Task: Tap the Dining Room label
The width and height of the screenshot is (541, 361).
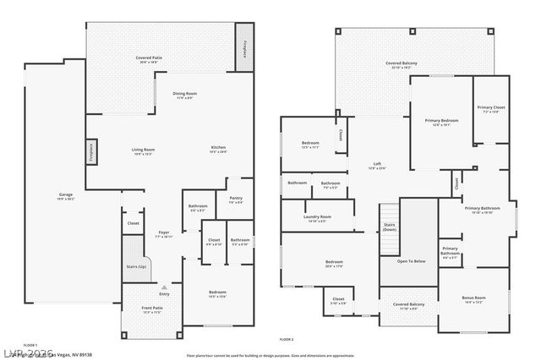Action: point(185,95)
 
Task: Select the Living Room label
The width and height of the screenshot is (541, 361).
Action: point(142,151)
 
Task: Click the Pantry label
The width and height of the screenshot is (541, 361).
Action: point(236,200)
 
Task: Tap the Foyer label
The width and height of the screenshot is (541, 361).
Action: point(164,234)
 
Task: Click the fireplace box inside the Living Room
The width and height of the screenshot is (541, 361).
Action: point(90,153)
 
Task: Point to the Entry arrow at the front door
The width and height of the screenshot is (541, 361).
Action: point(166,287)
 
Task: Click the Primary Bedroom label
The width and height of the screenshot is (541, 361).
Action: point(440,123)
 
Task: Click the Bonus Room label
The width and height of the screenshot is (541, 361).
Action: point(473,299)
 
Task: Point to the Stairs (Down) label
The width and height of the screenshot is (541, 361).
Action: point(389,227)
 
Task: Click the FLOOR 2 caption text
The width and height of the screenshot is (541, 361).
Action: point(286,339)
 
